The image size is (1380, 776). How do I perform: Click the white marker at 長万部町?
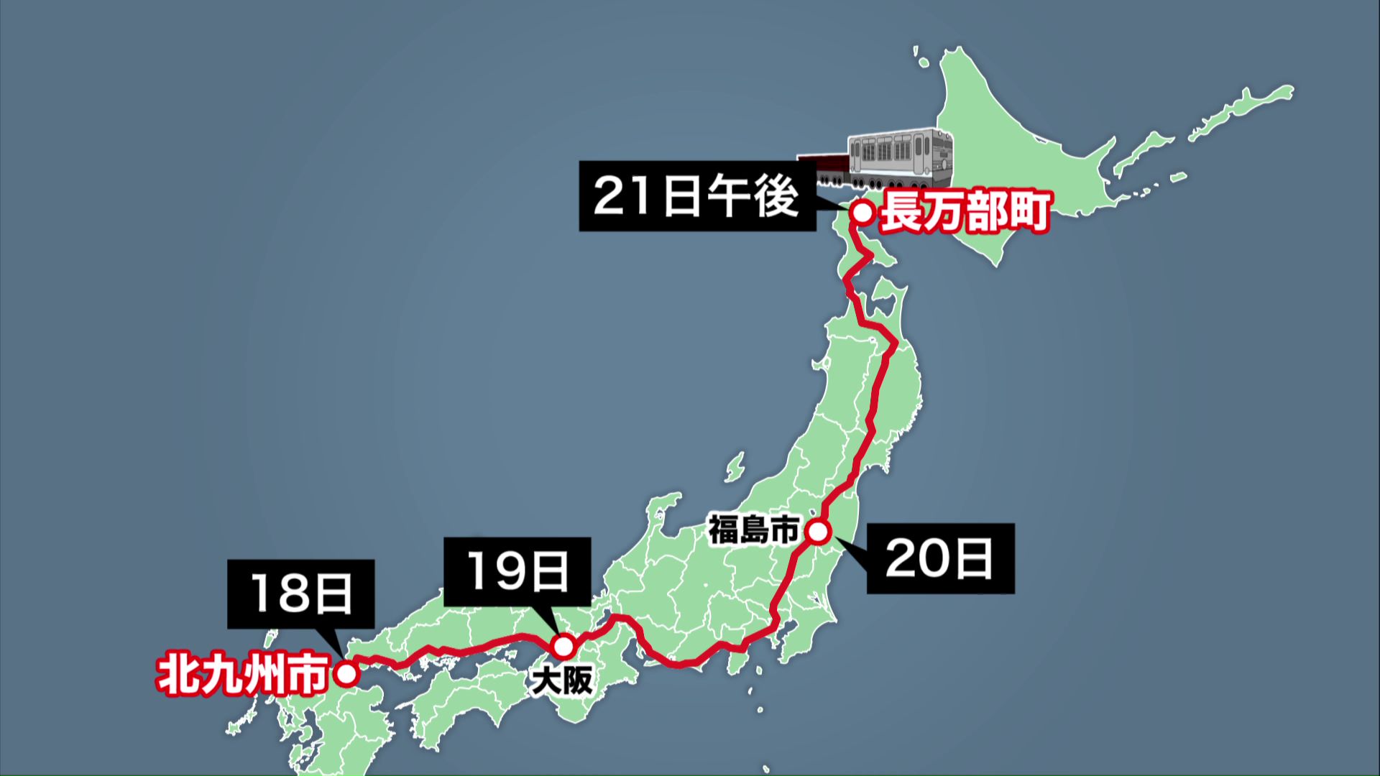coord(862,213)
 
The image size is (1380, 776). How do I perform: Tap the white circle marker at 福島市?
coord(818,532)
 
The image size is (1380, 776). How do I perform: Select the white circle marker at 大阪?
coord(564,646)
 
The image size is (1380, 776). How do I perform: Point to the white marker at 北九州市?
coord(347,675)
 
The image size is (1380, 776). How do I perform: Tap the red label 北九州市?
coord(243,675)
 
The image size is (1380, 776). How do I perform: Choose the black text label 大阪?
coord(562,680)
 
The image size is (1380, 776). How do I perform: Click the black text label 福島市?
coord(753,530)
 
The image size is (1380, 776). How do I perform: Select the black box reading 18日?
coord(300,593)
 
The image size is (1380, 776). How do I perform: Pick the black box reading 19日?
coord(517,572)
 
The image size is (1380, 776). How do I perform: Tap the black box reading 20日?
coord(940,558)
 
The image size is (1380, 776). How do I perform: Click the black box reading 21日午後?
coord(697,196)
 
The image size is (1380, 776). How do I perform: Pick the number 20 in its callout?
coord(914,559)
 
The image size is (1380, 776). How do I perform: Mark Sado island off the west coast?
coord(735,467)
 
